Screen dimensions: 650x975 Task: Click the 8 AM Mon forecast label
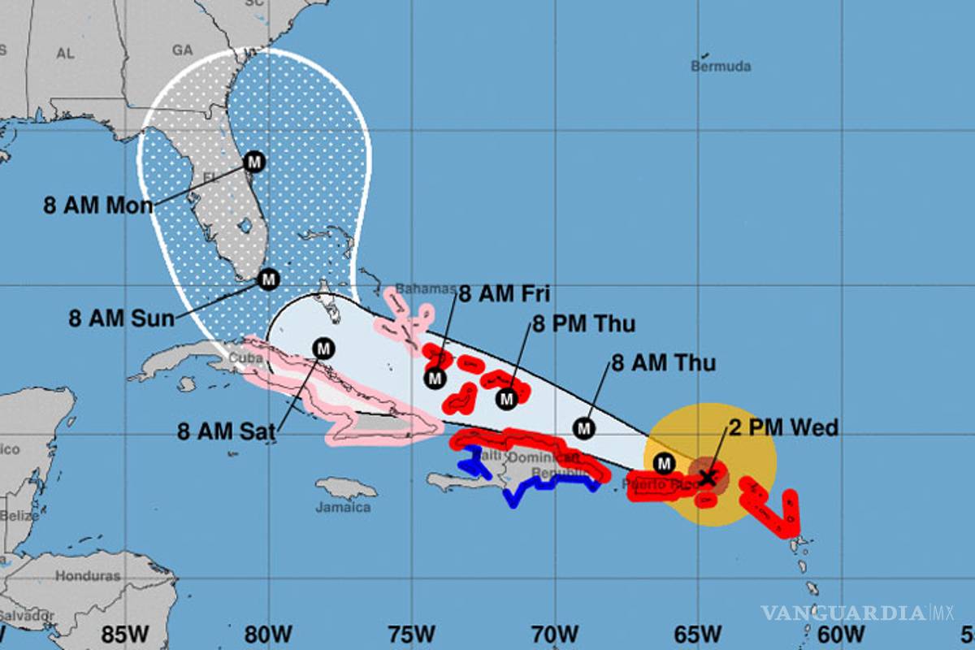(x=97, y=206)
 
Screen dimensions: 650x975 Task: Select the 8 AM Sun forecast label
(x=121, y=318)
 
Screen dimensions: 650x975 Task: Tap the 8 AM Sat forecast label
(x=227, y=431)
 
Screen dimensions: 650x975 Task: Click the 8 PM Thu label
(x=583, y=324)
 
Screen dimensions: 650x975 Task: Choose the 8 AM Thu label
(x=663, y=362)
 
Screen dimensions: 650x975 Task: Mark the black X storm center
(x=708, y=477)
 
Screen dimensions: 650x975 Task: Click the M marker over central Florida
(x=254, y=162)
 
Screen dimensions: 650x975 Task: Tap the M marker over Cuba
(x=323, y=349)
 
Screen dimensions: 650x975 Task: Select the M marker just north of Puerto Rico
(x=665, y=463)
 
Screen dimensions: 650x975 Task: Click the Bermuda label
(x=721, y=67)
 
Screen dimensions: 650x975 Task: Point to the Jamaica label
(x=344, y=508)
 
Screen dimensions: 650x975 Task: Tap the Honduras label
(x=88, y=576)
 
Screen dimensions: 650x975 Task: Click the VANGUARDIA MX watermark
(x=857, y=612)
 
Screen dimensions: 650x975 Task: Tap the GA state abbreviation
(x=183, y=50)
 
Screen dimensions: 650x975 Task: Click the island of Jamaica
(x=346, y=488)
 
